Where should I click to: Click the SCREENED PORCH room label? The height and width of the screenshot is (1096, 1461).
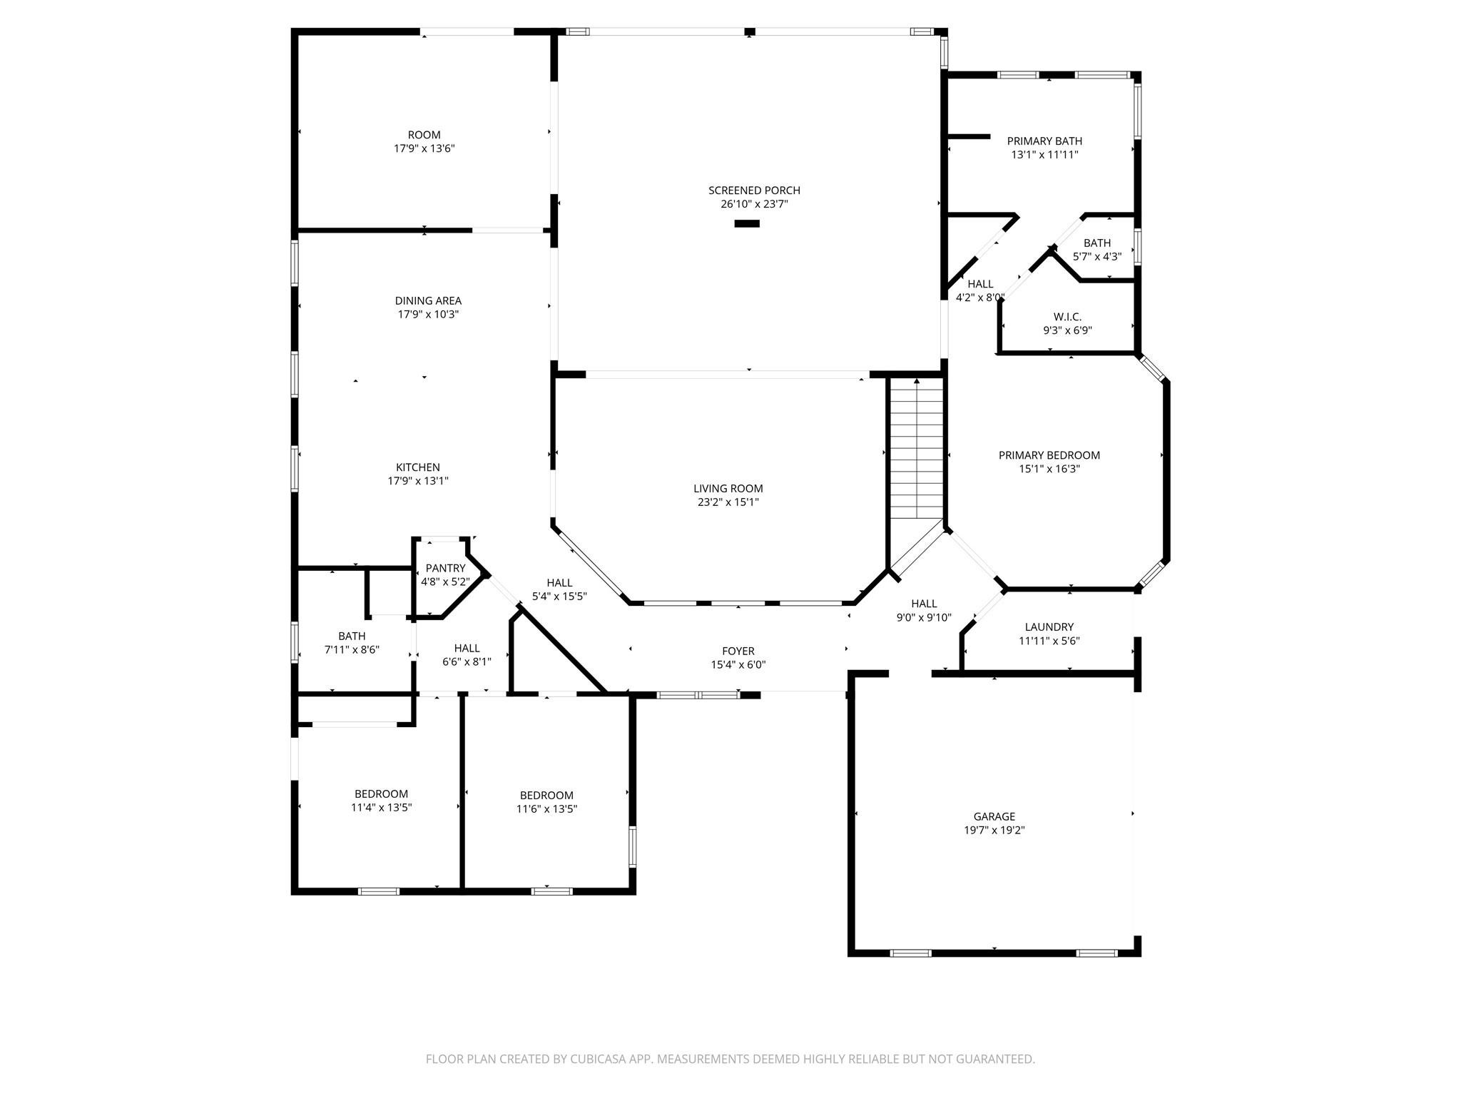tap(754, 191)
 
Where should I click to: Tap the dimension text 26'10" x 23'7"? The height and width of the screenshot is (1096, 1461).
tap(754, 204)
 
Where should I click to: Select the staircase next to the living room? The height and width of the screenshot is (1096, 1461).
tap(917, 450)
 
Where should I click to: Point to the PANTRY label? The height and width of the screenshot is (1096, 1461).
tap(445, 568)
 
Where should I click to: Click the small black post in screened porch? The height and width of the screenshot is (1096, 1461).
tap(747, 223)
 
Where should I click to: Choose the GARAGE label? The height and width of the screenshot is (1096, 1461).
tap(994, 816)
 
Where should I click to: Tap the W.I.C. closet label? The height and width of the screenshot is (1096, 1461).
tap(1067, 317)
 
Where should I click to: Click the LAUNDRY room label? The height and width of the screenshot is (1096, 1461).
tap(1049, 627)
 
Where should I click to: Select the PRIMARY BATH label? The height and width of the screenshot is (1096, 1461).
tap(1044, 141)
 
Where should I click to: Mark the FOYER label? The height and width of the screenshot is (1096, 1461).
tap(738, 651)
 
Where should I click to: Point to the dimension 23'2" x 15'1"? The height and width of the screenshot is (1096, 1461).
tap(728, 502)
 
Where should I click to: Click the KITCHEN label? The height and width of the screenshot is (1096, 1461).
tap(418, 467)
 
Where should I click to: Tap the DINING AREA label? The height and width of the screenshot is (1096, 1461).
tap(428, 300)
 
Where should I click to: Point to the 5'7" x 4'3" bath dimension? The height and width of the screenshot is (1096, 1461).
tap(1096, 256)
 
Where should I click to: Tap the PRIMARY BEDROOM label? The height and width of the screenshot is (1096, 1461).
tap(1049, 455)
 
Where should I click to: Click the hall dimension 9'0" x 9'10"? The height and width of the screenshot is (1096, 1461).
tap(923, 617)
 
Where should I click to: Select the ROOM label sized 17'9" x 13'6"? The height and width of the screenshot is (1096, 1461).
tap(424, 135)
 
